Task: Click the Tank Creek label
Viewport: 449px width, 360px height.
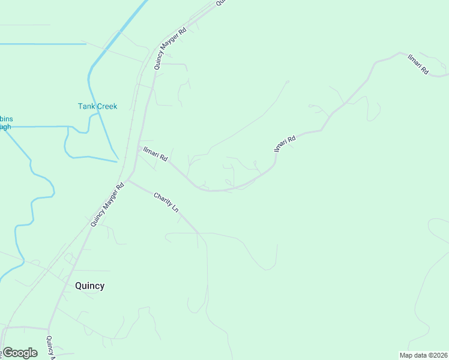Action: [x=97, y=106]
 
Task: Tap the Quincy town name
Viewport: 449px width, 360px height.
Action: [x=89, y=286]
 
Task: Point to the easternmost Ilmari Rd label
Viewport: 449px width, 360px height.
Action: [x=417, y=64]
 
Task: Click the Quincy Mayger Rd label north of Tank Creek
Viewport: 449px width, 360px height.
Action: [x=170, y=48]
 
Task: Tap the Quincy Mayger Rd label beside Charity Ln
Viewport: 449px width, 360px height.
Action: [x=107, y=205]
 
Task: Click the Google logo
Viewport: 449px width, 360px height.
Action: [x=20, y=353]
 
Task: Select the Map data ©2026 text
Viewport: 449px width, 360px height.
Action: [x=423, y=355]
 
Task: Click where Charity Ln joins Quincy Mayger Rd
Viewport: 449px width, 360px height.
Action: [x=127, y=180]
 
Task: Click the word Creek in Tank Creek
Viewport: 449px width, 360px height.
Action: [x=107, y=106]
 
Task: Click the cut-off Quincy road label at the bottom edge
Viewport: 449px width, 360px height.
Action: [x=50, y=347]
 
